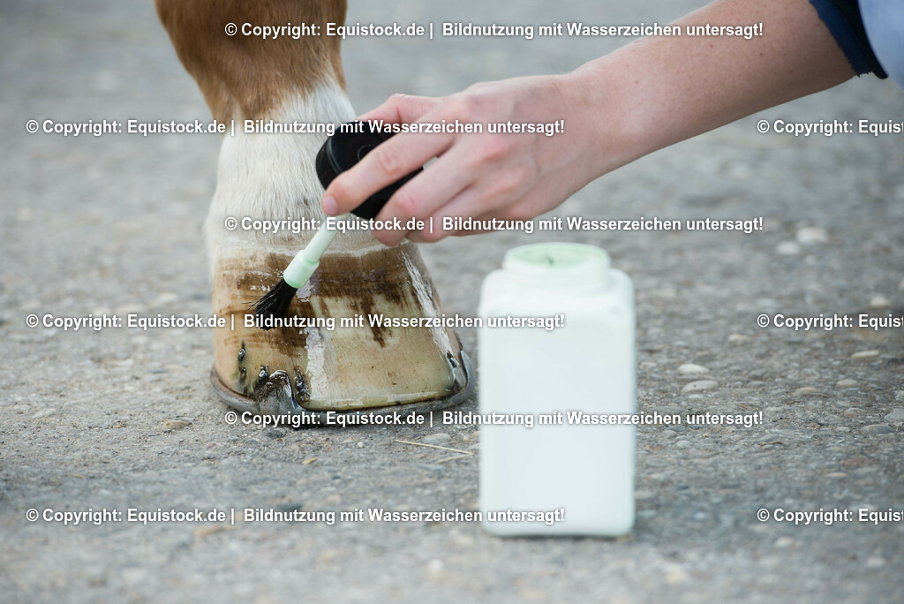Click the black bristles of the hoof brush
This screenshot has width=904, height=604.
pos(275,299)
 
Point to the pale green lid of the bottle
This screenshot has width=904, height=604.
pos(556,257)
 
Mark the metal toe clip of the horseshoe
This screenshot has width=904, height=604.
pos(274,389)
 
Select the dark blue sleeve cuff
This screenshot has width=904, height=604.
pos(847,35)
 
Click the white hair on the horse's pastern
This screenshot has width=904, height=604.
pos(265,177)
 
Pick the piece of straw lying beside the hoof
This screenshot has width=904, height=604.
pos(433,447)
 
